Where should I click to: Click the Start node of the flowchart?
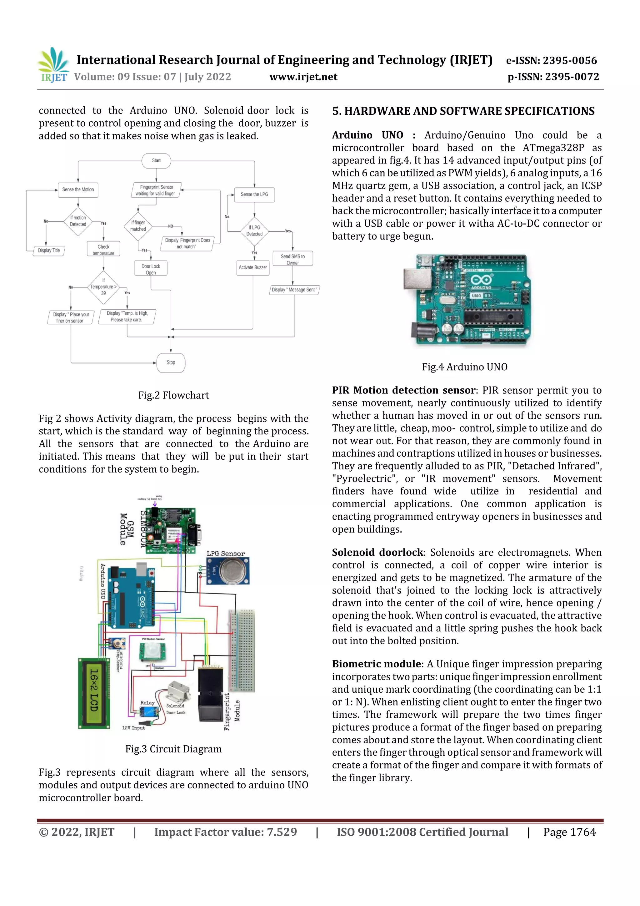pyautogui.click(x=156, y=161)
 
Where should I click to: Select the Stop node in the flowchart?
pyautogui.click(x=171, y=362)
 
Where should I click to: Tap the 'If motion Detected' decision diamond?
pyautogui.click(x=78, y=221)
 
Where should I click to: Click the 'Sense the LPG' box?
pyautogui.click(x=254, y=195)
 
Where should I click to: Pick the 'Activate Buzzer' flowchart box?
pyautogui.click(x=253, y=267)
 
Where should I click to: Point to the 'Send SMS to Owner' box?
pyautogui.click(x=292, y=259)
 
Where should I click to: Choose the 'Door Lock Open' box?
pyautogui.click(x=151, y=269)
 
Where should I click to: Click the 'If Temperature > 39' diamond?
pyautogui.click(x=103, y=287)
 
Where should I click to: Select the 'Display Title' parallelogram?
pyautogui.click(x=49, y=251)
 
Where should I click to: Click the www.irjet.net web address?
pyautogui.click(x=303, y=77)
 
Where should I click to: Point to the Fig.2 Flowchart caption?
pyautogui.click(x=173, y=395)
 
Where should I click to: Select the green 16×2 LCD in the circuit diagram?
pyautogui.click(x=94, y=694)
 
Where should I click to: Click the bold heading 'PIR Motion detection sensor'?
pyautogui.click(x=403, y=390)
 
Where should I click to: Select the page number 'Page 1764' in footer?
pyautogui.click(x=569, y=832)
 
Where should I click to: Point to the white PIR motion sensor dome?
pyautogui.click(x=152, y=650)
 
